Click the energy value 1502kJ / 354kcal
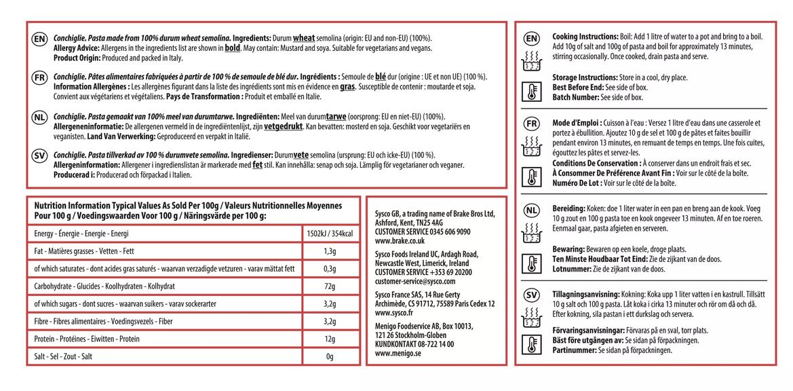[x=330, y=234]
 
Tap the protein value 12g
[x=330, y=339]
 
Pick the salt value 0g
[x=330, y=356]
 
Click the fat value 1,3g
[x=330, y=252]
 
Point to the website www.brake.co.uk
[x=400, y=241]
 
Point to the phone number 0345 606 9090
[x=447, y=231]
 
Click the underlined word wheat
[x=304, y=38]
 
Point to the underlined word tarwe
[x=339, y=117]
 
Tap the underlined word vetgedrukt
[x=282, y=127]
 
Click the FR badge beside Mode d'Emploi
[x=532, y=124]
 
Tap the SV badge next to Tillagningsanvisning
[x=532, y=296]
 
